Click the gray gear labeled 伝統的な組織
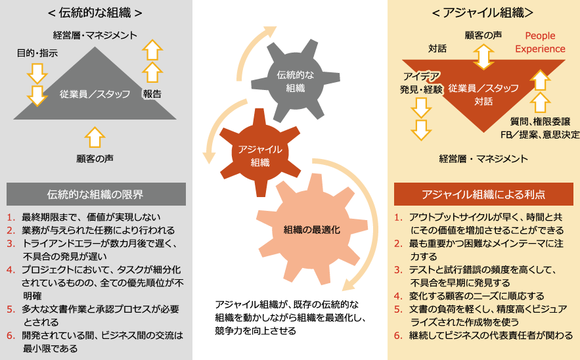click(295, 80)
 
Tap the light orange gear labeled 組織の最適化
click(311, 230)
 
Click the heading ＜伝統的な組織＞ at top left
click(95, 13)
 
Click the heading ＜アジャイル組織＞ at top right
click(483, 13)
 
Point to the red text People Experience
click(540, 42)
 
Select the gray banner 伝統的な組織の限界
click(95, 194)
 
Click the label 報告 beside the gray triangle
click(152, 94)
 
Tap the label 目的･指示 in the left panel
click(37, 53)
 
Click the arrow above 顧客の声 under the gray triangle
click(95, 137)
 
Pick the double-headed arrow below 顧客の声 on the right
click(483, 56)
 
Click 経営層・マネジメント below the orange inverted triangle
click(483, 158)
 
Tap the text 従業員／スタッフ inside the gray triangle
click(95, 93)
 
